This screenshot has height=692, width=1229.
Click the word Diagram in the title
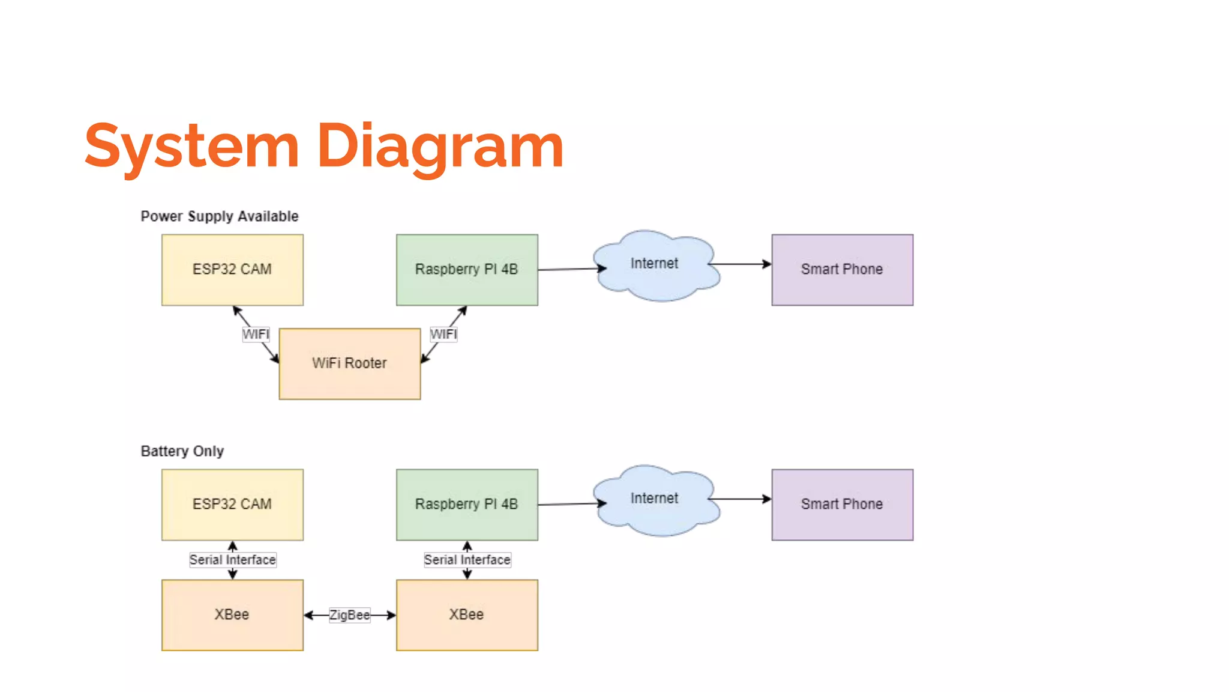pyautogui.click(x=440, y=146)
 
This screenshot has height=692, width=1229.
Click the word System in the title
pyautogui.click(x=191, y=146)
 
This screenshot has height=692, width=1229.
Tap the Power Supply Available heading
pyautogui.click(x=219, y=216)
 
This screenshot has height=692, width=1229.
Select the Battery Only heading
pyautogui.click(x=182, y=451)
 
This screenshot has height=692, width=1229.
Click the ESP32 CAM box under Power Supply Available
pyautogui.click(x=232, y=270)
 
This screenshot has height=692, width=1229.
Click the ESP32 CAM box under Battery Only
pyautogui.click(x=232, y=505)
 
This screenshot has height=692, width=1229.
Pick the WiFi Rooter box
pyautogui.click(x=349, y=363)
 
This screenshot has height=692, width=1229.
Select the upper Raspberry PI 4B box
pyautogui.click(x=466, y=270)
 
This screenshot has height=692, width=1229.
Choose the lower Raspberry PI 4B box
pyautogui.click(x=466, y=505)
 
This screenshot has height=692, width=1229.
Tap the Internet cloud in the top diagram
pyautogui.click(x=655, y=264)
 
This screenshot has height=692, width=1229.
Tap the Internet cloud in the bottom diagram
pyautogui.click(x=655, y=499)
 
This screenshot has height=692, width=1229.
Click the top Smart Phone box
pyautogui.click(x=842, y=270)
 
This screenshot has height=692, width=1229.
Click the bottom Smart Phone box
pyautogui.click(x=842, y=505)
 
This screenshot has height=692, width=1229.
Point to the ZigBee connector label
pyautogui.click(x=349, y=615)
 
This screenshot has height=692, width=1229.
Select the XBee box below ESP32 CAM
pyautogui.click(x=232, y=615)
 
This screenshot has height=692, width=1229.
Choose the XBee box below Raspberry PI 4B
pyautogui.click(x=466, y=615)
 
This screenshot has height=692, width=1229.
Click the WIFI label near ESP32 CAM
pyautogui.click(x=256, y=335)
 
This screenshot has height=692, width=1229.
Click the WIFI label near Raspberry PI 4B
pyautogui.click(x=443, y=335)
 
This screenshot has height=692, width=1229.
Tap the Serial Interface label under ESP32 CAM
pyautogui.click(x=232, y=560)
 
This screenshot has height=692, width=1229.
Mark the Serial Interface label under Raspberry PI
pyautogui.click(x=467, y=560)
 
